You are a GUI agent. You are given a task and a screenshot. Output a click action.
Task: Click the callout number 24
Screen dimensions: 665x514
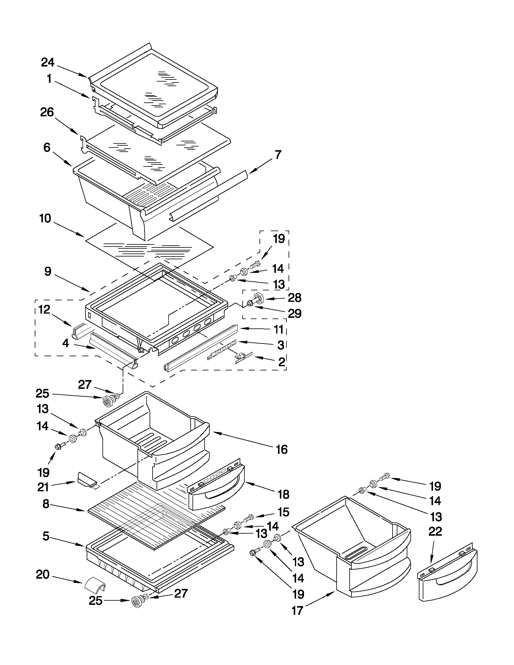[x=48, y=63]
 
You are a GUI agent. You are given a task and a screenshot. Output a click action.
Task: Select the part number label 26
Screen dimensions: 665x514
[x=47, y=113]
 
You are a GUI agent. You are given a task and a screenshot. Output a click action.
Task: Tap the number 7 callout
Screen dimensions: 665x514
[x=278, y=155]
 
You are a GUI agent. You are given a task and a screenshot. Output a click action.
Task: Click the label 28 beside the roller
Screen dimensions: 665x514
[x=294, y=298]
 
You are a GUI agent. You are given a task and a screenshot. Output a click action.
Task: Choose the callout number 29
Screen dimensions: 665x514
[x=294, y=313]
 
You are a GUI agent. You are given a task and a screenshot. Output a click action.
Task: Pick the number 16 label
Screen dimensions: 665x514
[x=282, y=449]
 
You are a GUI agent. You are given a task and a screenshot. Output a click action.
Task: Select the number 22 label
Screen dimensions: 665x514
[x=435, y=532]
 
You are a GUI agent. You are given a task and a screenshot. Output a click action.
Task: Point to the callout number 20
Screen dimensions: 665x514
[x=43, y=575]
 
